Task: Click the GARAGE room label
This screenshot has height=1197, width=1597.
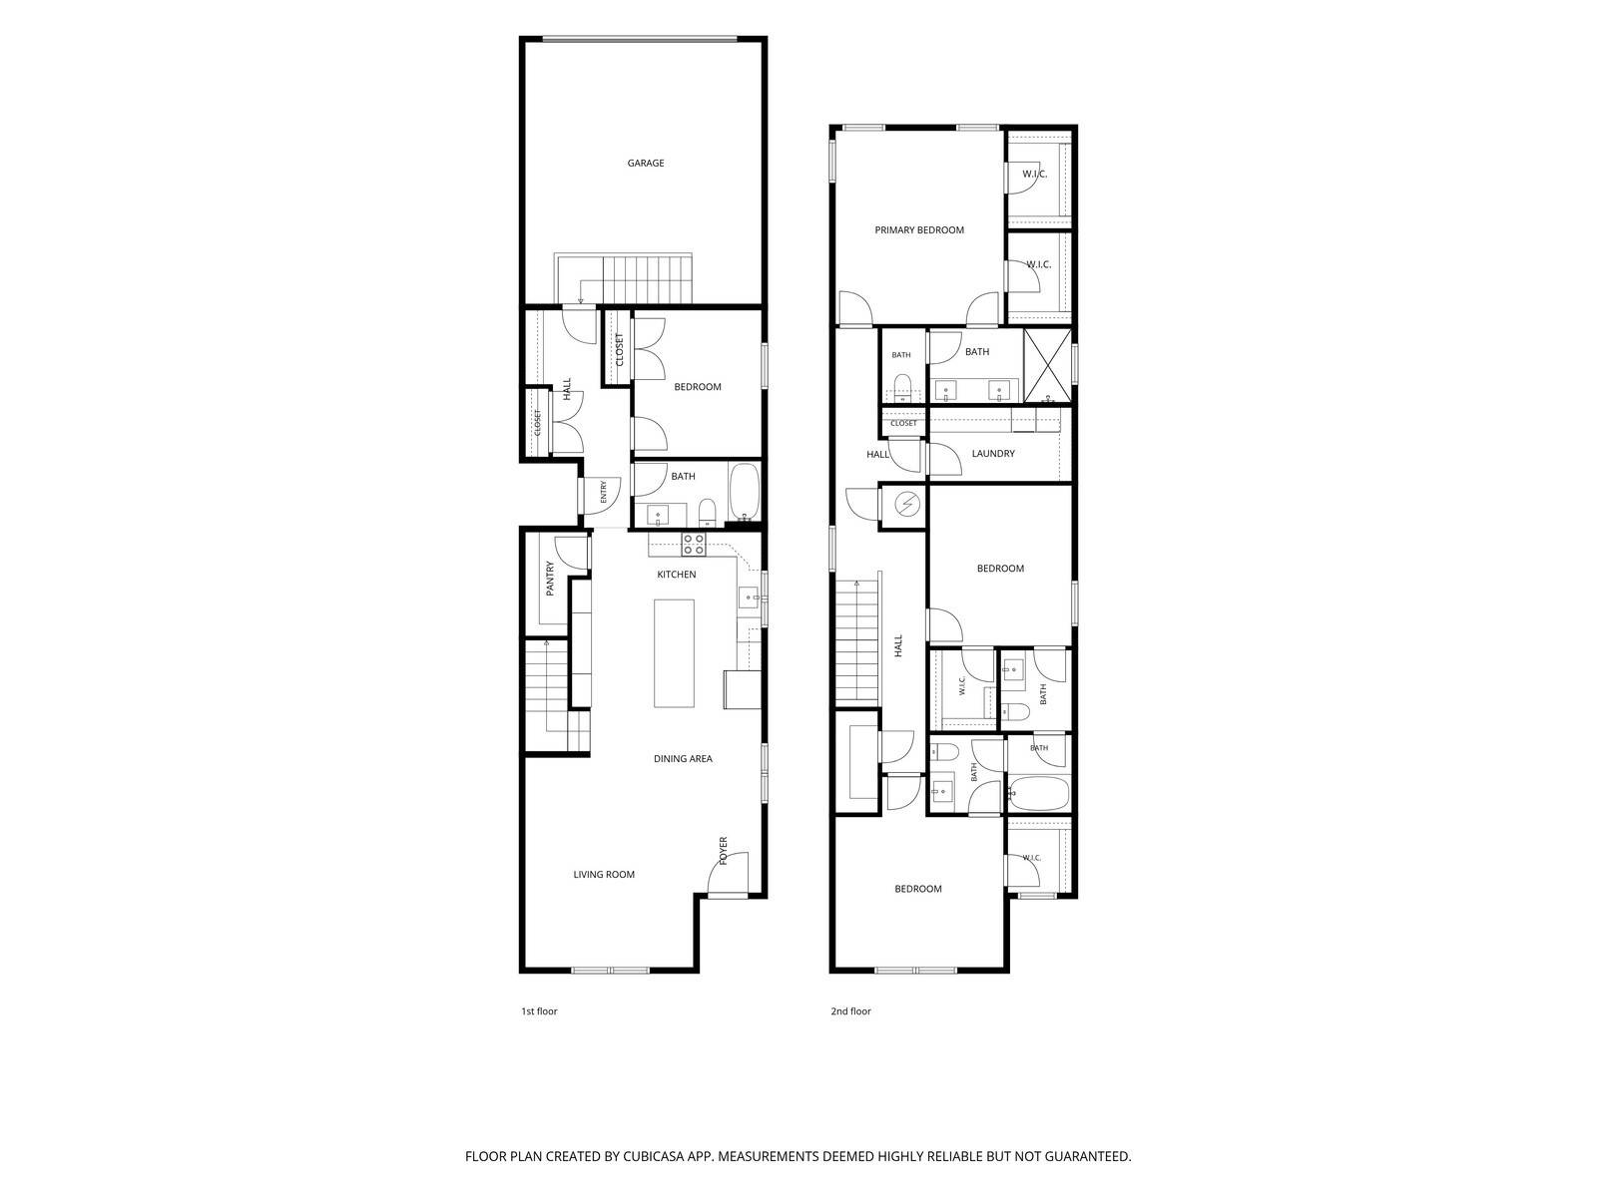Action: (646, 163)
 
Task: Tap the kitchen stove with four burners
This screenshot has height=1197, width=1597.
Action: (693, 544)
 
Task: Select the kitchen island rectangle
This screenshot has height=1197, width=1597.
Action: (674, 652)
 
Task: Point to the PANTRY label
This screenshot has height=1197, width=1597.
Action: (550, 579)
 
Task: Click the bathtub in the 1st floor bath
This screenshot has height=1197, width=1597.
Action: (744, 493)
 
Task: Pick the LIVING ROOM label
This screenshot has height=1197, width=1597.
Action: (604, 875)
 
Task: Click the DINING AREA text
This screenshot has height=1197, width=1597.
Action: (683, 759)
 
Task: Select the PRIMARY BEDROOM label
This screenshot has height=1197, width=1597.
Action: (919, 229)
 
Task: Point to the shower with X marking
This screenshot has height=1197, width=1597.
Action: (1047, 365)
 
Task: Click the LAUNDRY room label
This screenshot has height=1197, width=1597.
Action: (993, 454)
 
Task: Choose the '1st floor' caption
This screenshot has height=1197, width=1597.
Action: (539, 1010)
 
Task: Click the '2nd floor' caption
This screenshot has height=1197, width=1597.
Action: (850, 1010)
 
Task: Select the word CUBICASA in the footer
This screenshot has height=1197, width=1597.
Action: (654, 1156)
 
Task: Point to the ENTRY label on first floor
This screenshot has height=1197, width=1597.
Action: (603, 492)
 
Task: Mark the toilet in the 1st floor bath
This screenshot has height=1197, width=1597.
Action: (708, 513)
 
